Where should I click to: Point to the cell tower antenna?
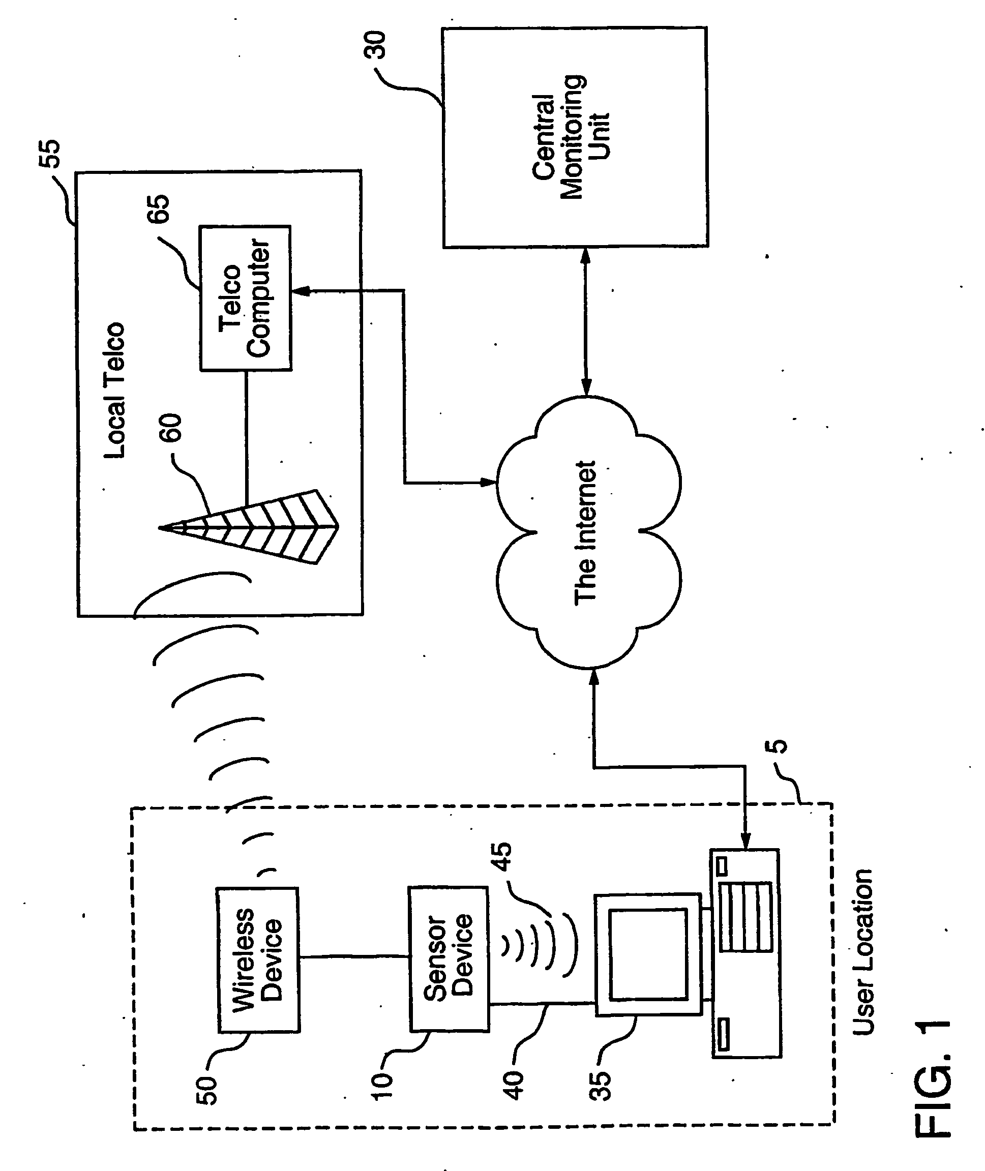click(x=249, y=526)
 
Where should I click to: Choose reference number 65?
click(x=158, y=209)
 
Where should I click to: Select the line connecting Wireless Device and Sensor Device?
click(x=354, y=957)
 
